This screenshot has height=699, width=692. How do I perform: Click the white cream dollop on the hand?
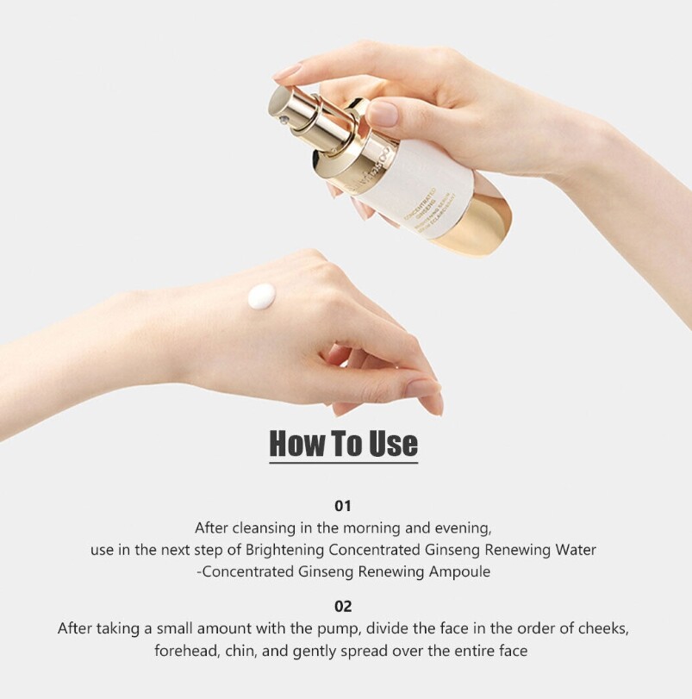tap(263, 297)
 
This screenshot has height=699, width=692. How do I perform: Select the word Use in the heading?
tap(393, 444)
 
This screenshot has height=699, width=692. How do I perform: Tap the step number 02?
tap(343, 607)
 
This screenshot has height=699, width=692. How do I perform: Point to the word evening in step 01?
tap(464, 527)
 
